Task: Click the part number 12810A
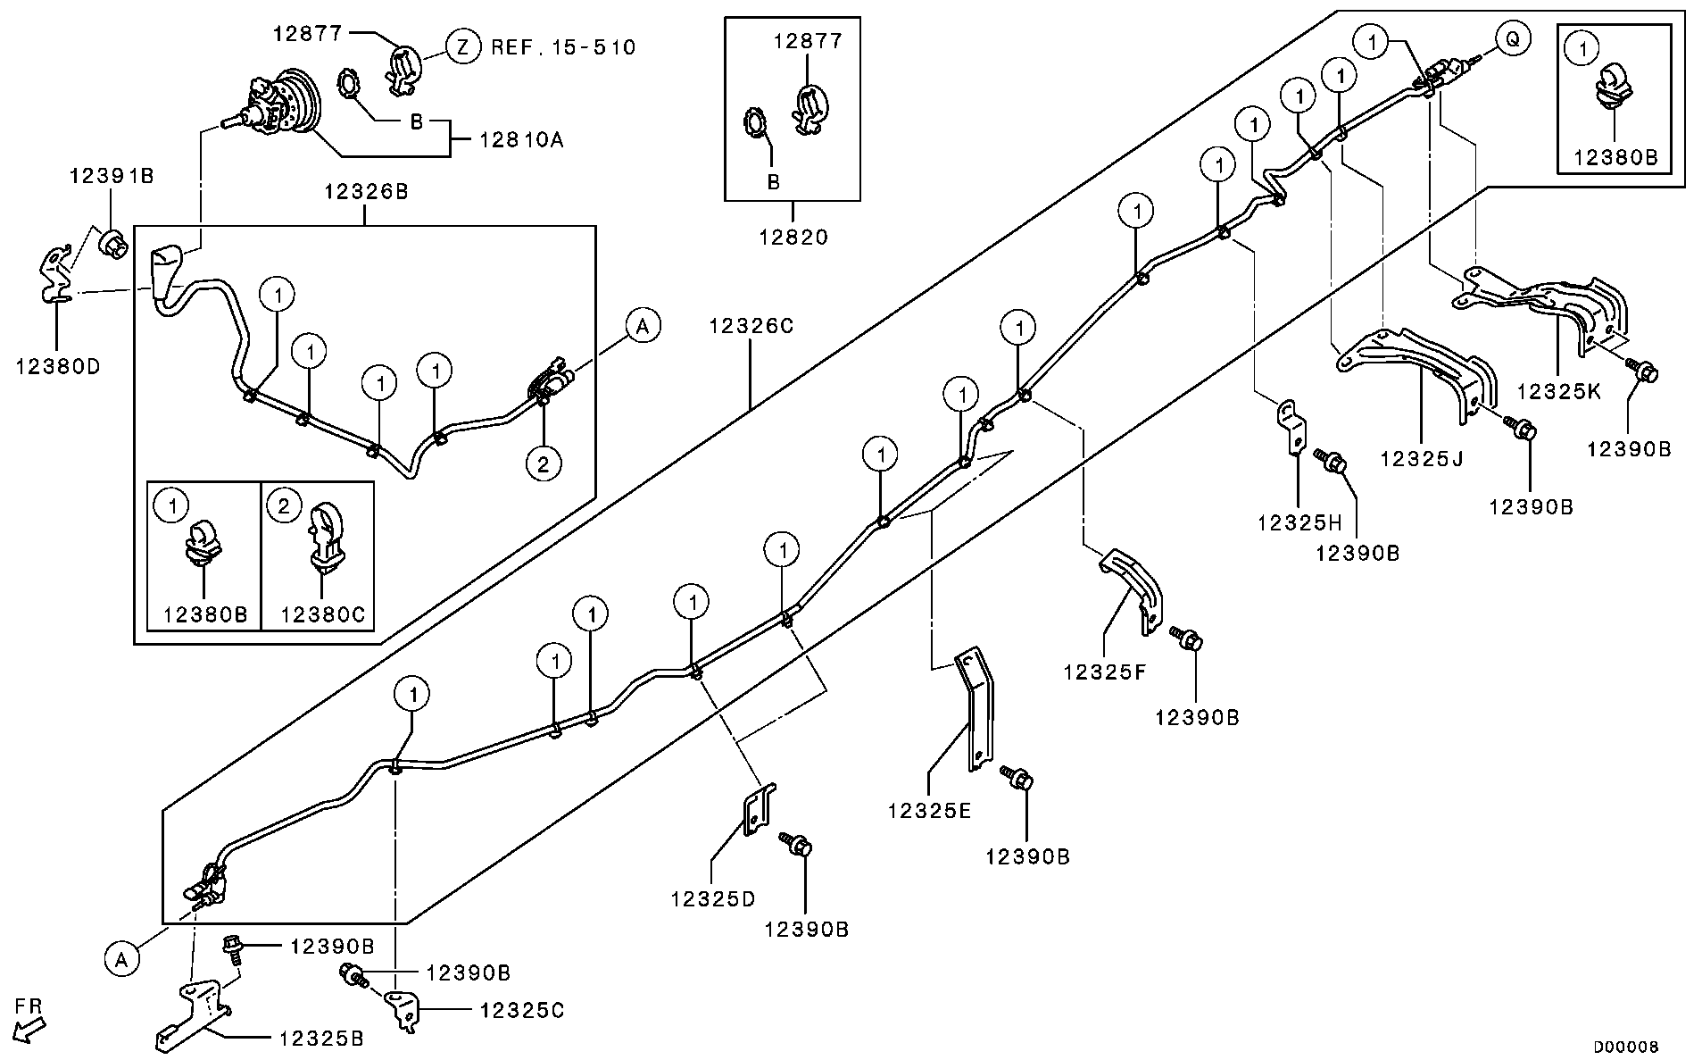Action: [x=521, y=140]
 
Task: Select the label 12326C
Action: [x=751, y=326]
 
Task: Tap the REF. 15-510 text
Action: [x=564, y=46]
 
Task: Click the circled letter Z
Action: [x=462, y=46]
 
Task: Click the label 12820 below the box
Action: [x=793, y=238]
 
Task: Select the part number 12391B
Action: [x=112, y=176]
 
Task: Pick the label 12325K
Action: [x=1557, y=391]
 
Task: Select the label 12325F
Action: [x=1104, y=672]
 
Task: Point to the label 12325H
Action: [x=1299, y=522]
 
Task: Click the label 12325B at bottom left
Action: [x=320, y=1039]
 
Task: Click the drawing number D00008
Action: [x=1625, y=1047]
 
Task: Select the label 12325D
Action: [x=712, y=898]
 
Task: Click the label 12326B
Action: [x=366, y=191]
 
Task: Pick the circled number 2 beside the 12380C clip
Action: [x=283, y=507]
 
